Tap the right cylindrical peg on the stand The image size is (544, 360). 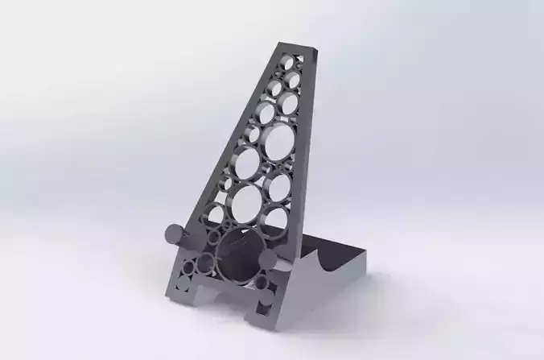pyautogui.click(x=267, y=260)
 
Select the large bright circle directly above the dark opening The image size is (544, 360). pyautogui.click(x=246, y=201)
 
